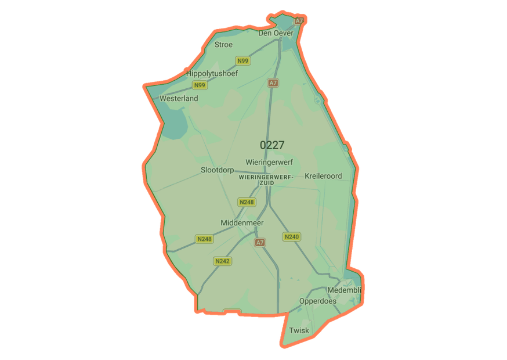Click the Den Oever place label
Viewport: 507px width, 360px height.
(x=276, y=33)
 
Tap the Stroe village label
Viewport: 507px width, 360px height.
(x=223, y=45)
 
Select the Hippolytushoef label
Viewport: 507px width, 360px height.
(x=212, y=74)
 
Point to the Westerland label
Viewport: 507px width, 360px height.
(x=179, y=98)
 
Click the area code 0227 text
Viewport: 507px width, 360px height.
(x=272, y=145)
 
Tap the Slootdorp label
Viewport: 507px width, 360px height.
(x=218, y=170)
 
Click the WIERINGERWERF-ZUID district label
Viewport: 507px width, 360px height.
(x=266, y=179)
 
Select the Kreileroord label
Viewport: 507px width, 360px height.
(x=323, y=175)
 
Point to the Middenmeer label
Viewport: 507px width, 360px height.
(x=242, y=223)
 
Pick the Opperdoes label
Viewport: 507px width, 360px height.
(x=317, y=301)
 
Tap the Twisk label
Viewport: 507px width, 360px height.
(x=299, y=330)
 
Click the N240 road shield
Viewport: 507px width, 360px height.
(x=291, y=236)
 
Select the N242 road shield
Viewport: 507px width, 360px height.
(x=222, y=261)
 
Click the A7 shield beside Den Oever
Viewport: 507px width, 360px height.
(x=299, y=20)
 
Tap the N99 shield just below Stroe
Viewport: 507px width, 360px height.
(x=242, y=61)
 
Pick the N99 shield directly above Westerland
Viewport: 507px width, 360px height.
(x=200, y=85)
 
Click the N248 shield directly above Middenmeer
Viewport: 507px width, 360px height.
(x=246, y=202)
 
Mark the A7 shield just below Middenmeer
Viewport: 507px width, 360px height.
(x=260, y=242)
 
